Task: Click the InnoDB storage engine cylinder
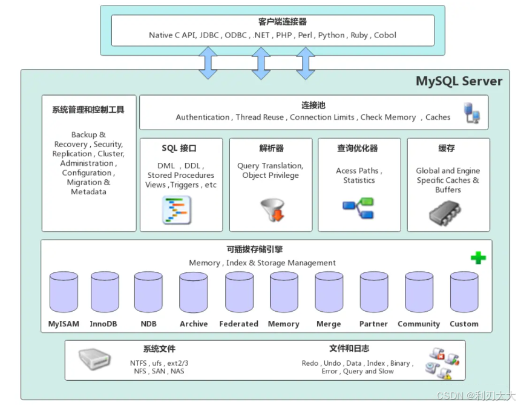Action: pyautogui.click(x=105, y=293)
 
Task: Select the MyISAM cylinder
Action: pyautogui.click(x=64, y=293)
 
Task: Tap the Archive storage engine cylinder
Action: pyautogui.click(x=194, y=293)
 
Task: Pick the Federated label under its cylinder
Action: pyautogui.click(x=238, y=324)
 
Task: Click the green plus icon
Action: pyautogui.click(x=478, y=258)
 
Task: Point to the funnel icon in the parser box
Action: pyautogui.click(x=271, y=209)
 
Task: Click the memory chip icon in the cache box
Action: pyautogui.click(x=447, y=212)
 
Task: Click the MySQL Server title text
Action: pyautogui.click(x=459, y=81)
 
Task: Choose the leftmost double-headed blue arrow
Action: pyautogui.click(x=208, y=63)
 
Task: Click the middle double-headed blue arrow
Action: pyautogui.click(x=261, y=63)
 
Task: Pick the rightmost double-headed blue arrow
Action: pyautogui.click(x=306, y=63)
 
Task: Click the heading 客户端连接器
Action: pyautogui.click(x=274, y=22)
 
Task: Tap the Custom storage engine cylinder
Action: pyautogui.click(x=464, y=293)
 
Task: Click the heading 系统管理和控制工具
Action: pyautogui.click(x=88, y=110)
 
